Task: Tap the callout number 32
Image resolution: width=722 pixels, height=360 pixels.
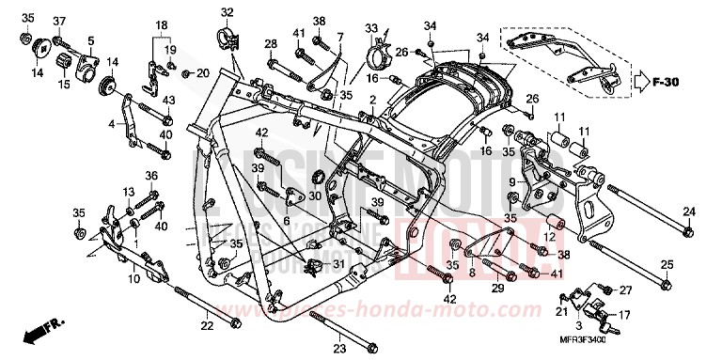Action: click(x=227, y=12)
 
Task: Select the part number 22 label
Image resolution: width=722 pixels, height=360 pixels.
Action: click(x=207, y=325)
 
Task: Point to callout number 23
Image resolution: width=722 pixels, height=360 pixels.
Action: click(x=338, y=347)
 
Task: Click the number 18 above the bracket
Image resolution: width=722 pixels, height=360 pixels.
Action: click(x=161, y=25)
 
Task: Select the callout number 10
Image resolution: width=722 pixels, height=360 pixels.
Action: click(x=134, y=280)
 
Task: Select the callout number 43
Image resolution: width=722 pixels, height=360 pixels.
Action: click(x=168, y=101)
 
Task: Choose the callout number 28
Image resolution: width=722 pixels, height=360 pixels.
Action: click(x=271, y=44)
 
